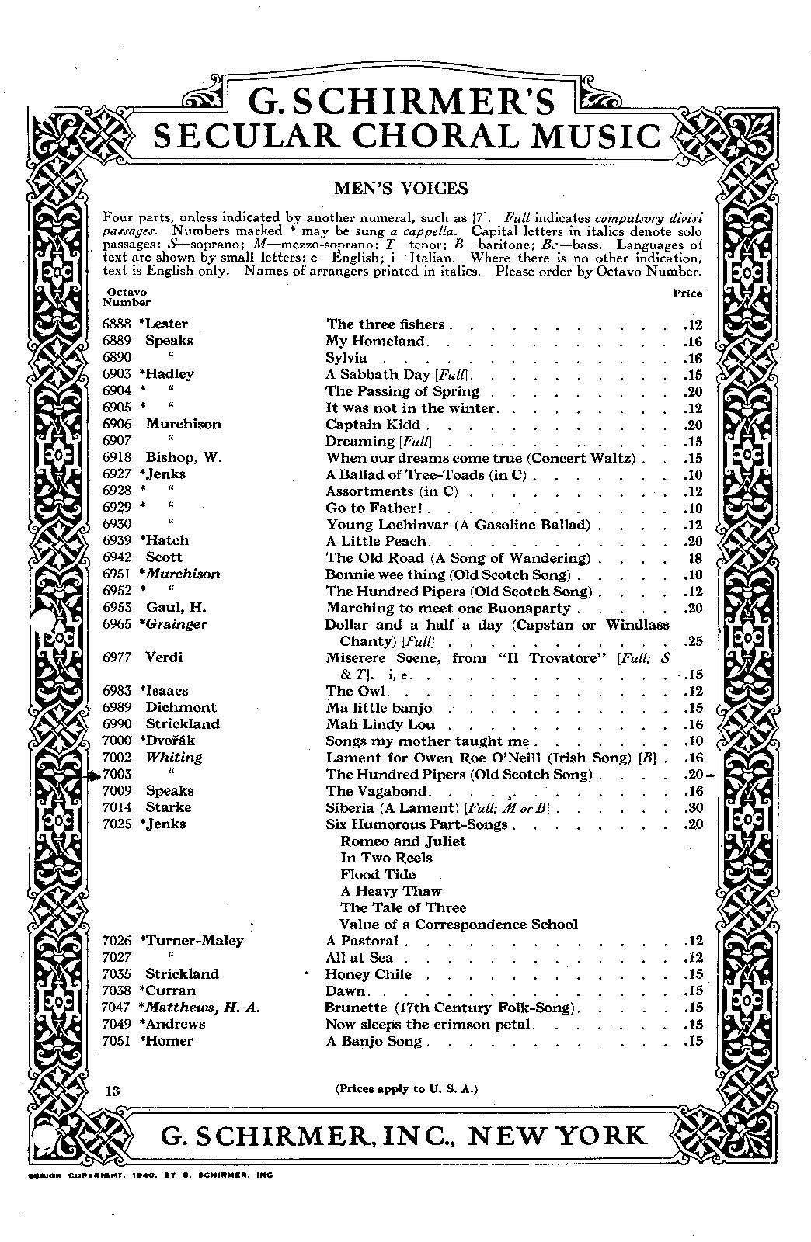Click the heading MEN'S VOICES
(401, 189)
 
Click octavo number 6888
(117, 324)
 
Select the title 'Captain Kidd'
(374, 425)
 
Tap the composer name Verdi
(164, 657)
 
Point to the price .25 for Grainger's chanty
(692, 642)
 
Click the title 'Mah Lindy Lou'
(380, 724)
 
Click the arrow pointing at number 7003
(92, 774)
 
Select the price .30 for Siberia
(692, 807)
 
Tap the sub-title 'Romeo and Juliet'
(403, 841)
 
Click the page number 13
(113, 1090)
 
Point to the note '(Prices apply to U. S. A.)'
(406, 1088)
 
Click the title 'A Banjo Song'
(373, 1041)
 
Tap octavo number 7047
(117, 1008)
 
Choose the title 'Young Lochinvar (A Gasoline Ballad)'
(458, 525)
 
